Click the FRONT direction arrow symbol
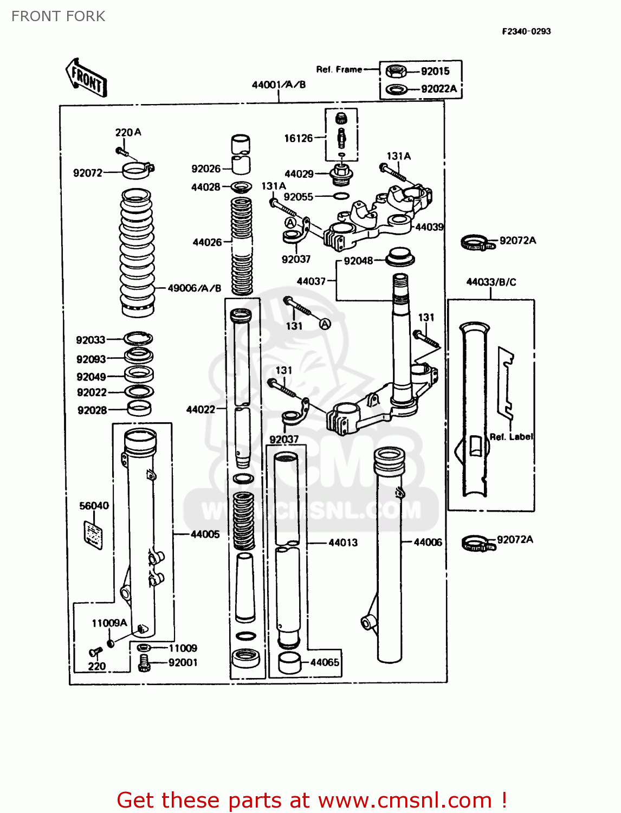pos(86,78)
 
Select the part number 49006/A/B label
pos(194,288)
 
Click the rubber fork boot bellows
pos(137,252)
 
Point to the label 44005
pos(205,534)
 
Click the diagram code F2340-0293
pos(526,31)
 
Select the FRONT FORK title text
pos(59,16)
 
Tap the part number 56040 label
pos(94,506)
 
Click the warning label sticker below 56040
pos(93,534)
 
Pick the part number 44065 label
pos(325,662)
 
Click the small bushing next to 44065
pos(289,663)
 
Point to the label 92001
pos(183,662)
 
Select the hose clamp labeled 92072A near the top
pos(477,243)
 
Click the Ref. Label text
pos(511,437)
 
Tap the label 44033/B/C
pos(491,282)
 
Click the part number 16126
pos(299,138)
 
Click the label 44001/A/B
pos(279,85)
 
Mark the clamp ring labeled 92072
pos(138,171)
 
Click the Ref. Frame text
pos(339,69)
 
